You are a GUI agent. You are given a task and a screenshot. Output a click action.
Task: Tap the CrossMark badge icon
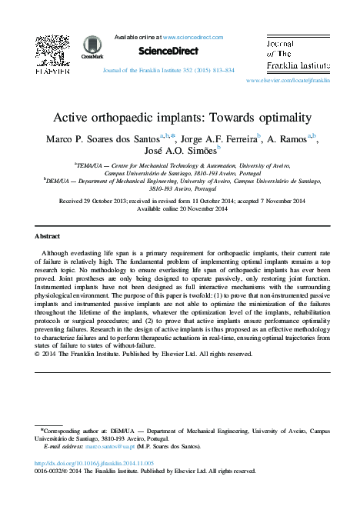(x=92, y=47)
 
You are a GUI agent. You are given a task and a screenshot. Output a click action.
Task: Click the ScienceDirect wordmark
(x=168, y=51)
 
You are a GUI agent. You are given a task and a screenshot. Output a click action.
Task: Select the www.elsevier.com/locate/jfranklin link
(x=288, y=79)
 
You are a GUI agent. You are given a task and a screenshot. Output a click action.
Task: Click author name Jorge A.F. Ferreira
(x=218, y=139)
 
